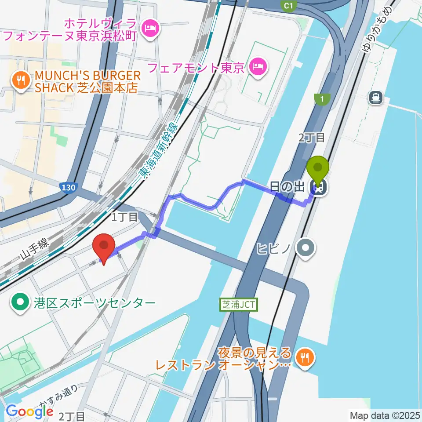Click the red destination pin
pyautogui.click(x=104, y=247)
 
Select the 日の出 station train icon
pyautogui.click(x=318, y=188)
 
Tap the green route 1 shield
pyautogui.click(x=322, y=100)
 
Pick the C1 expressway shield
pyautogui.click(x=288, y=6)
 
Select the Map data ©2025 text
pyautogui.click(x=384, y=415)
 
